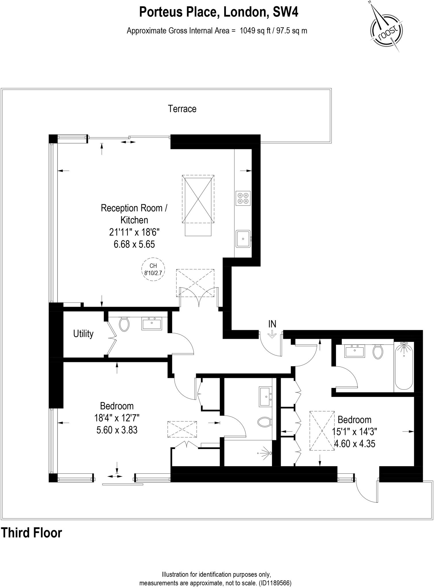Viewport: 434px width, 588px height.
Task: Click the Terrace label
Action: (182, 109)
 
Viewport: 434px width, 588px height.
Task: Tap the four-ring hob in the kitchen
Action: (243, 198)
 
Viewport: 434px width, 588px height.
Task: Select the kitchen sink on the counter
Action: (243, 238)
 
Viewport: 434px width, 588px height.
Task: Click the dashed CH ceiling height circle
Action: (153, 269)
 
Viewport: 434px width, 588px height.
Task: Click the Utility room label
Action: (83, 334)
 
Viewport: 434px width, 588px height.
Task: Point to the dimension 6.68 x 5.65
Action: (134, 244)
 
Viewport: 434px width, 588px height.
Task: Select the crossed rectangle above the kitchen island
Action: (198, 199)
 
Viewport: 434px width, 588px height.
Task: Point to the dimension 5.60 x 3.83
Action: (117, 430)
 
